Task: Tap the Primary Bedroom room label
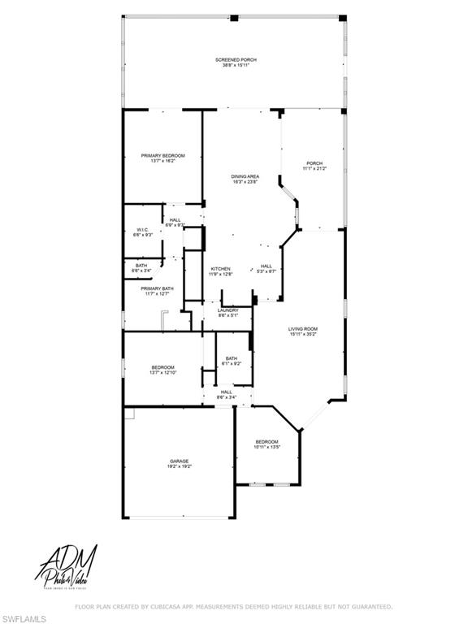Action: tap(162, 155)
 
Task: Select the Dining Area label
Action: tap(245, 176)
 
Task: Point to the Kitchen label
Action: tap(221, 269)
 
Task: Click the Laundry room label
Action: tap(228, 310)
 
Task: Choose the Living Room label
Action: tap(303, 329)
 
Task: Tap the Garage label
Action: tap(180, 461)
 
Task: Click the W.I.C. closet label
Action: tap(142, 229)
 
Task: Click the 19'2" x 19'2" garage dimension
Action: tap(180, 467)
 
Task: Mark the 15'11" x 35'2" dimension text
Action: tap(303, 335)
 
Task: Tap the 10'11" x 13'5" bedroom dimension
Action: tap(267, 447)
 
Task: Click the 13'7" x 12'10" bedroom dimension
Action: tap(162, 374)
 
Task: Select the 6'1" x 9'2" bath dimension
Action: tap(232, 364)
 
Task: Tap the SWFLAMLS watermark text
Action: tap(19, 617)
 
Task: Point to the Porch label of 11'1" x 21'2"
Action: tap(314, 162)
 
